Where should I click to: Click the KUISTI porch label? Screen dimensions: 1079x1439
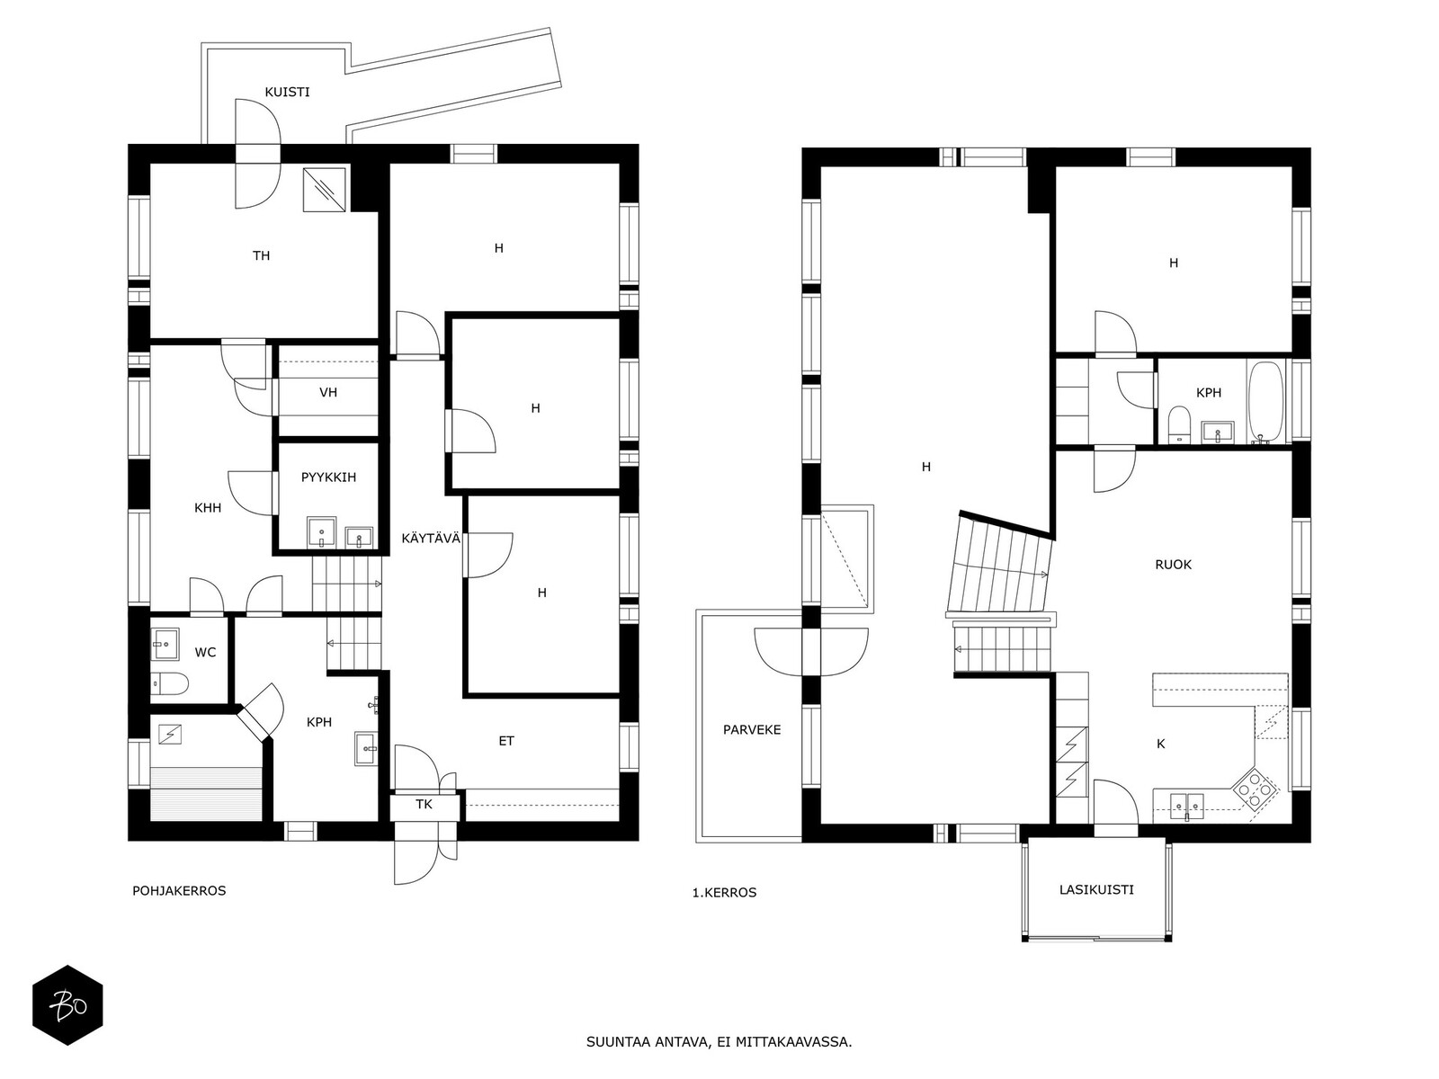[x=287, y=92]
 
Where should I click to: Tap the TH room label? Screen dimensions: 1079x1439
[x=261, y=256]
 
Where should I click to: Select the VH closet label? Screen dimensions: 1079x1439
[x=328, y=393]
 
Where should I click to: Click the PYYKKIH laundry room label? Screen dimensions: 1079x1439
[x=328, y=477]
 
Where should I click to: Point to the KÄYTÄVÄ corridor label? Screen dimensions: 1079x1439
[x=431, y=539]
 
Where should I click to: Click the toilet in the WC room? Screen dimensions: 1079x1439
[x=168, y=685]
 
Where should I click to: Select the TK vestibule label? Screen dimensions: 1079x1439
[x=424, y=805]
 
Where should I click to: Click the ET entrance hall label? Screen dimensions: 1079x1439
[x=506, y=742]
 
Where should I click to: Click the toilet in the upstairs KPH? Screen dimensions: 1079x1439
[x=1179, y=424]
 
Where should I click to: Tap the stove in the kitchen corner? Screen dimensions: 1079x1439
[x=1254, y=789]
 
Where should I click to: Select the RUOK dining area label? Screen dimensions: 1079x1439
[x=1173, y=565]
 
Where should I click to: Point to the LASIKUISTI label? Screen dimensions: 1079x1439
[x=1096, y=890]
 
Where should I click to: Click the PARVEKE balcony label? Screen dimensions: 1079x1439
[x=752, y=730]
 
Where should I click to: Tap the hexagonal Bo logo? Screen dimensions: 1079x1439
[x=67, y=1005]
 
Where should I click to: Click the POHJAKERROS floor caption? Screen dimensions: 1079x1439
[x=179, y=891]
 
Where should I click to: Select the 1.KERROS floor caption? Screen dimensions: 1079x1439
[x=724, y=893]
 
